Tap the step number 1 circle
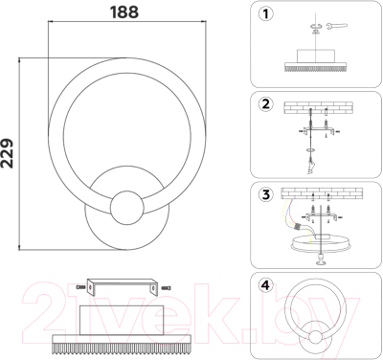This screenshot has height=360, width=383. tap(265, 14)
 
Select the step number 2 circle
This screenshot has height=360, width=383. tap(265, 103)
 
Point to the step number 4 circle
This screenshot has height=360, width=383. tap(265, 284)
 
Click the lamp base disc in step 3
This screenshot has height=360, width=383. tap(318, 247)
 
